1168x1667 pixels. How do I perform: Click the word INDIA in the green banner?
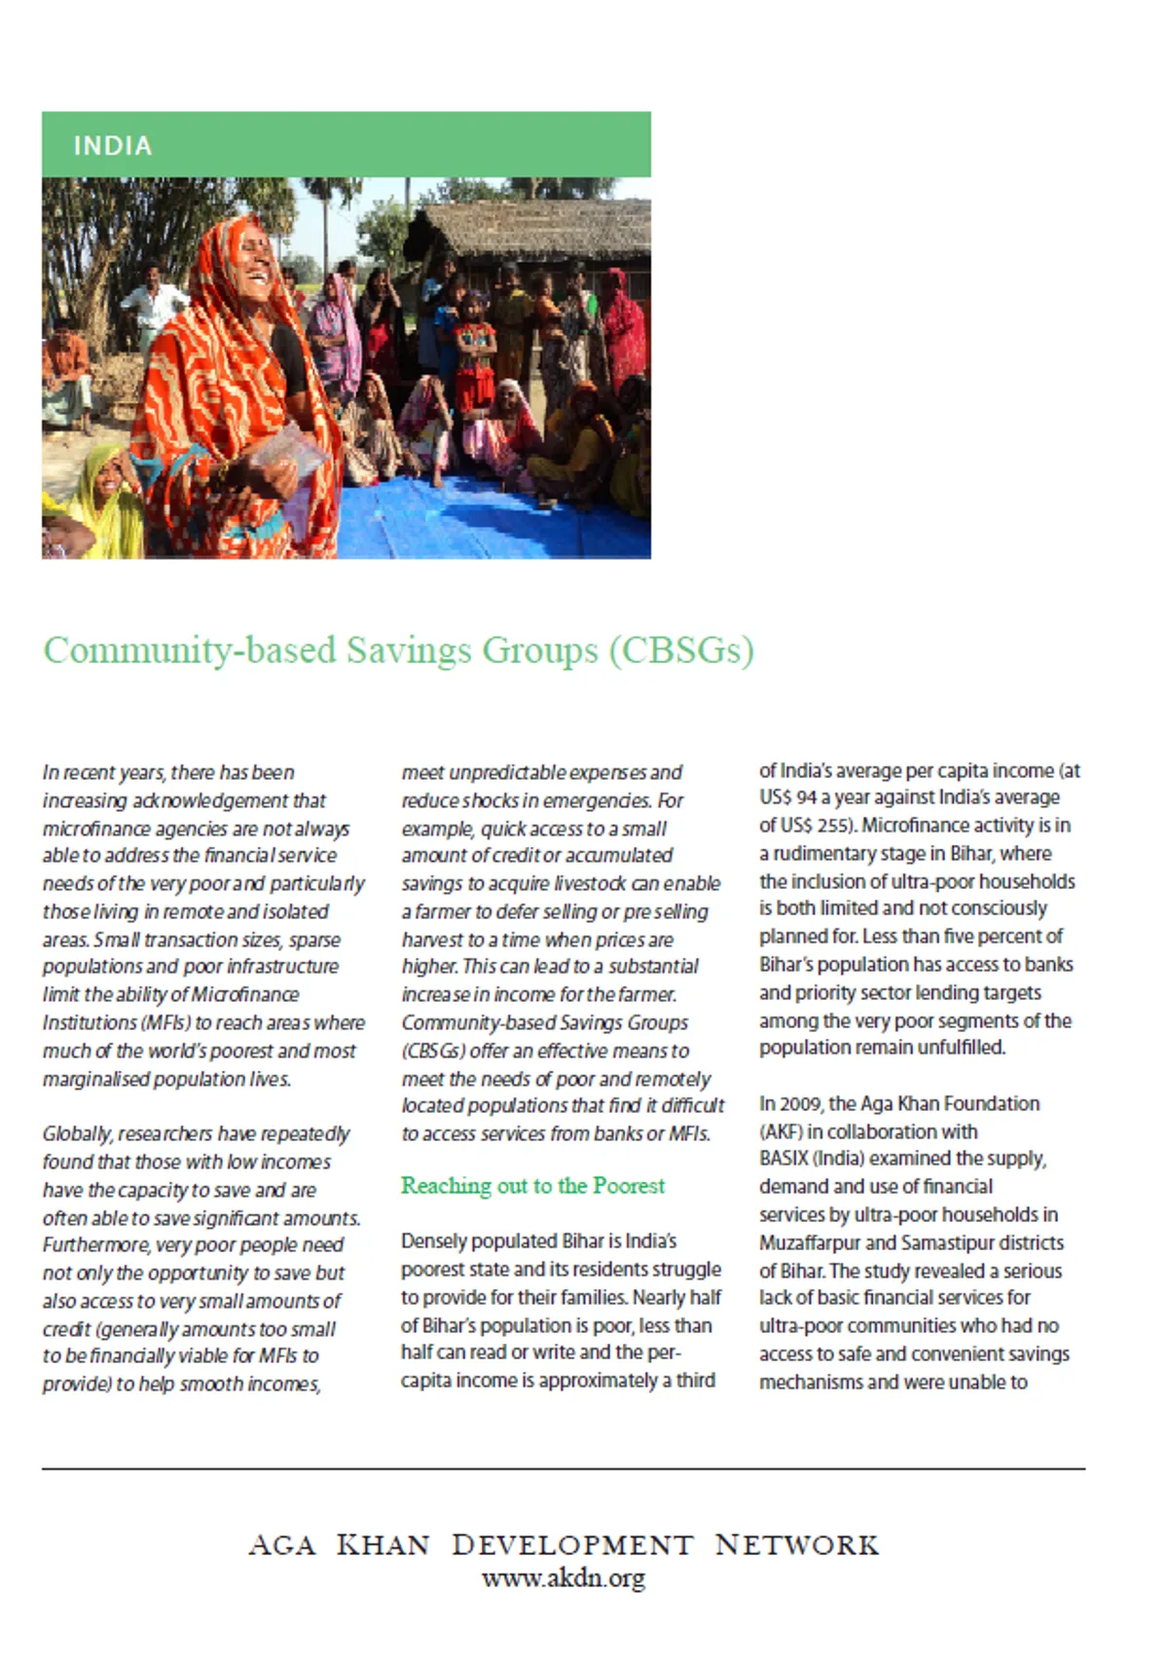tap(113, 146)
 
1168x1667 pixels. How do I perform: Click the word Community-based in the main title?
tap(190, 649)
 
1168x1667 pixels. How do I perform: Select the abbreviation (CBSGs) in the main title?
tap(681, 649)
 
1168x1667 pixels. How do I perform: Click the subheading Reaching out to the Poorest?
tap(532, 1186)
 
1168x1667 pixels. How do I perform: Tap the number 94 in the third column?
tap(806, 797)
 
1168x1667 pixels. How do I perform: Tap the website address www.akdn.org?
tap(563, 1578)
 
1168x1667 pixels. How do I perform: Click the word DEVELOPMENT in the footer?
tap(572, 1545)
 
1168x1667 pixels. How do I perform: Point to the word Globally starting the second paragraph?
tap(77, 1134)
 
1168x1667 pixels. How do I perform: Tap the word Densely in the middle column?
tap(431, 1241)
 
